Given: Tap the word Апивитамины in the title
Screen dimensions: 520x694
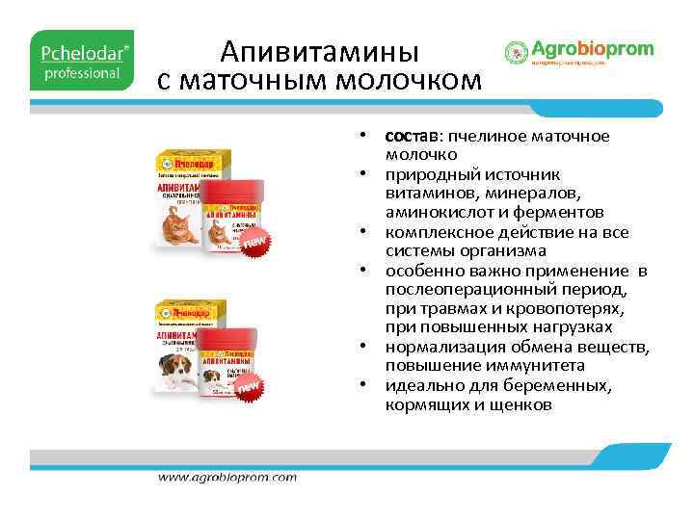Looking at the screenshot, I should (319, 48).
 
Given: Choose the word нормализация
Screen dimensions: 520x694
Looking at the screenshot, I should (442, 348).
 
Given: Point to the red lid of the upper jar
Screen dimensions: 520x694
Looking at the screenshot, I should (234, 191).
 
